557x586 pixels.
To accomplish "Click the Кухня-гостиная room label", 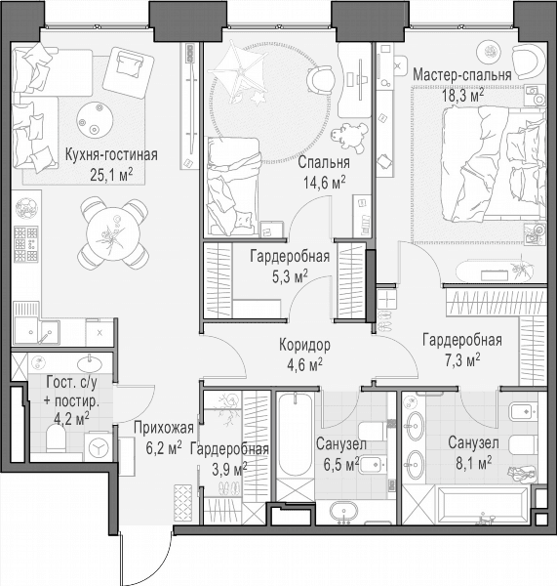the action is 111,154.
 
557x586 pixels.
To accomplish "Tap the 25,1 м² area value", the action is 111,174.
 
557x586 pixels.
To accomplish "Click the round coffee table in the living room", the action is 95,119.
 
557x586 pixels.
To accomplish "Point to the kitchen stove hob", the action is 25,243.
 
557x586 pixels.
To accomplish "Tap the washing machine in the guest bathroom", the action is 99,447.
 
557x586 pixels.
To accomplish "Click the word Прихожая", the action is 164,429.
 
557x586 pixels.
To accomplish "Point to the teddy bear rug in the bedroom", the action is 349,137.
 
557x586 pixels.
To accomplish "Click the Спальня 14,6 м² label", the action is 324,172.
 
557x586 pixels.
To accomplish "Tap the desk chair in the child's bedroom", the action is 320,80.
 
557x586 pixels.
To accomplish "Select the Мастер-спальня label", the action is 461,75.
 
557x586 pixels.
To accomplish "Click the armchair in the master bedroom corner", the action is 529,60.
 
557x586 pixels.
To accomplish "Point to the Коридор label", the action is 304,345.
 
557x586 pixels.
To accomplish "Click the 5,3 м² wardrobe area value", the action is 290,276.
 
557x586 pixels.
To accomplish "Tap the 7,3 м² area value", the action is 462,359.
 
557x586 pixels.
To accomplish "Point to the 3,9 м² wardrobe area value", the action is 229,469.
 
